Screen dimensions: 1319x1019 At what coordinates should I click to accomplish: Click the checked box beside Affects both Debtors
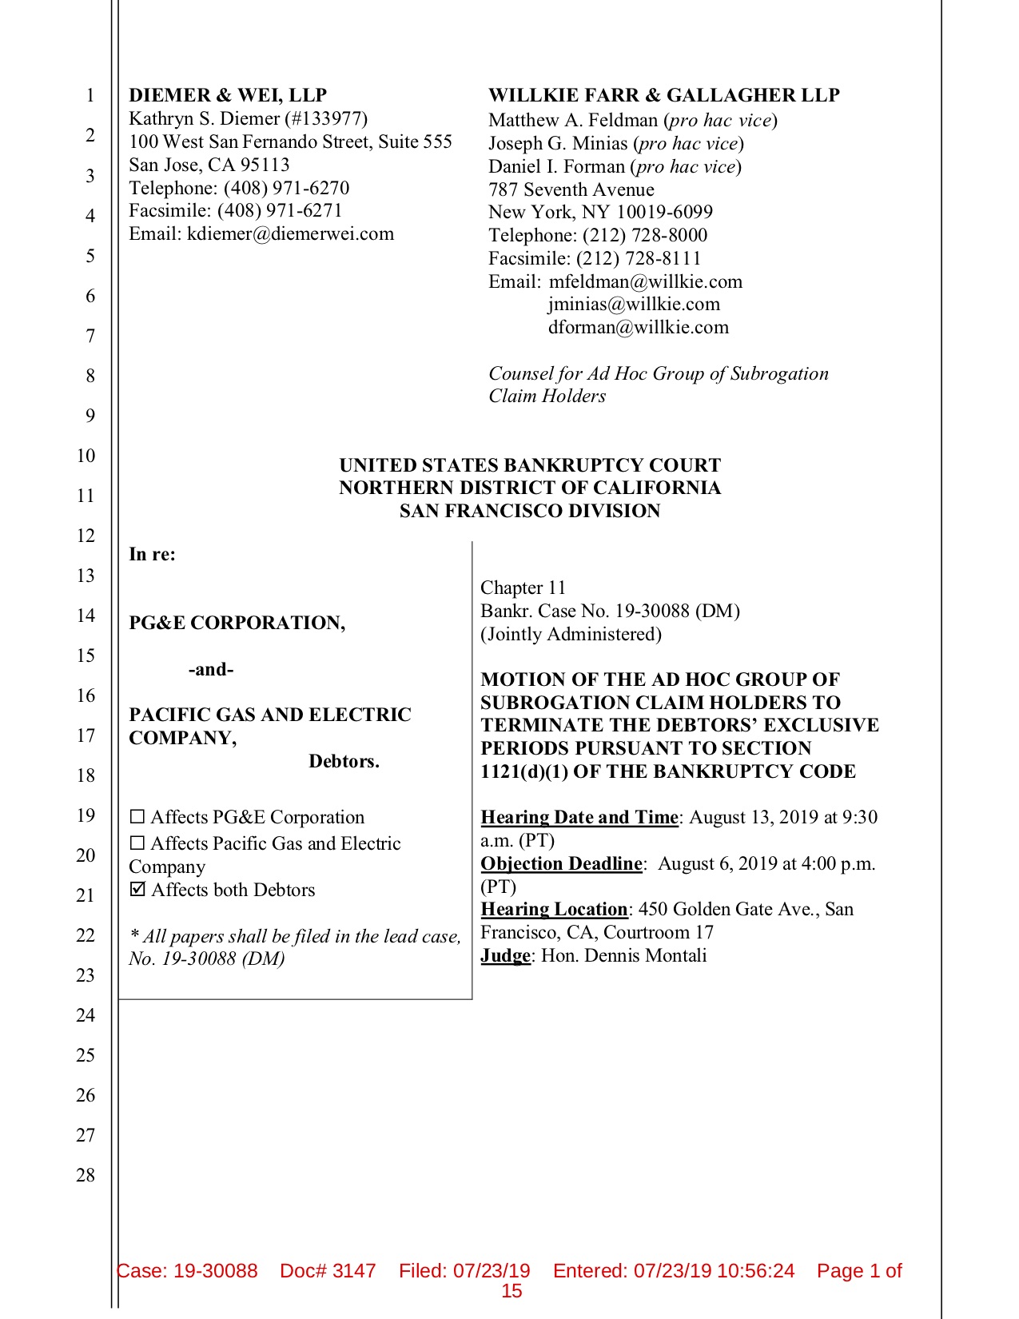coord(137,890)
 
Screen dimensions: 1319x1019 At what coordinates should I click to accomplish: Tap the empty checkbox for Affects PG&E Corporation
coord(137,818)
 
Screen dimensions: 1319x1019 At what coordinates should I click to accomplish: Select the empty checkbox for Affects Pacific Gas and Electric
coord(137,844)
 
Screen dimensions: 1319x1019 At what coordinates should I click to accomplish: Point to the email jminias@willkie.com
coord(634,304)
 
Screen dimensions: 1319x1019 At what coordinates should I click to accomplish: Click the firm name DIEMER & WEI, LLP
coord(228,95)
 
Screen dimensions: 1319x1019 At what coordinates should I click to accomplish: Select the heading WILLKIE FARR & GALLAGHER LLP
coord(663,95)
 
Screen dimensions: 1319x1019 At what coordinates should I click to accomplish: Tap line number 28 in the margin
coord(86,1175)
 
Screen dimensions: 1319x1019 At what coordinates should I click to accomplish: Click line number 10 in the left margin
coord(86,456)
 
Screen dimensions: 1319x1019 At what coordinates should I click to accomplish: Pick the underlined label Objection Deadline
coord(561,863)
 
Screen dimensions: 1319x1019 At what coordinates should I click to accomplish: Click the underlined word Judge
coord(505,955)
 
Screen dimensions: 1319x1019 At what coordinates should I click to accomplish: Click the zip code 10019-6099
coord(664,212)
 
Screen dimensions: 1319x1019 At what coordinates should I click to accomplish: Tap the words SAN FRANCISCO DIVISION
coord(530,511)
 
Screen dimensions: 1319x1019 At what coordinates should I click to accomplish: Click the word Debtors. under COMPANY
coord(344,761)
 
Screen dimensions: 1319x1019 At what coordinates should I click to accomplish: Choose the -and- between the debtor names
coord(211,669)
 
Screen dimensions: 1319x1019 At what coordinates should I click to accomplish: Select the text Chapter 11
coord(523,588)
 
